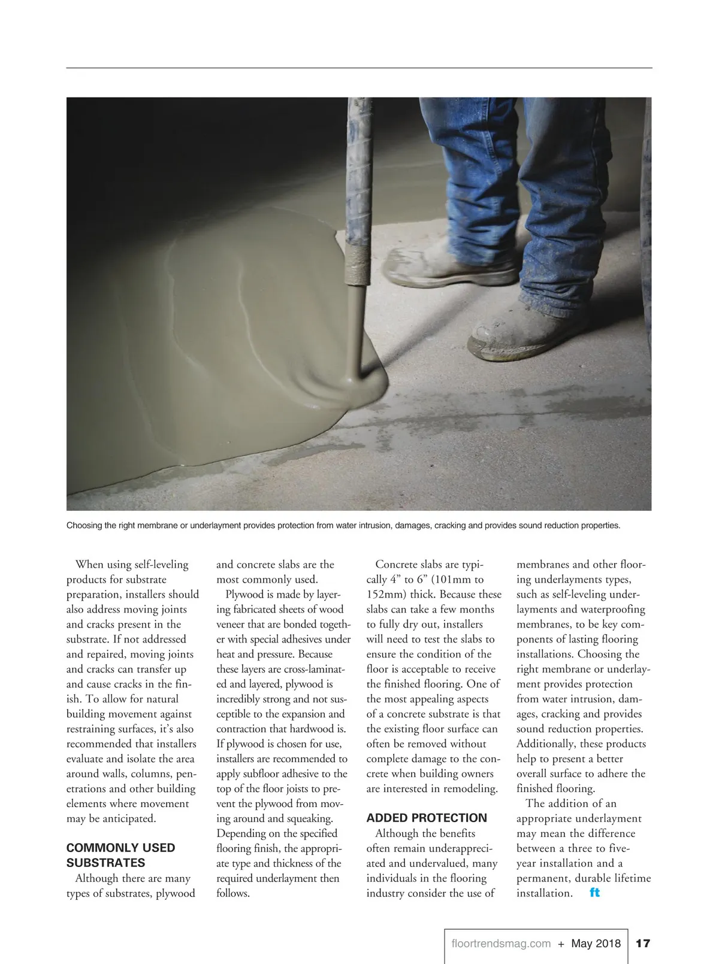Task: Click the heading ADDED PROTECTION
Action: (427, 818)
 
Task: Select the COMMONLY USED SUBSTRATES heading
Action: (120, 855)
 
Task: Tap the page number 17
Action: (642, 944)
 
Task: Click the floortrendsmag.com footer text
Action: (501, 944)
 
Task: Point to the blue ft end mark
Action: (594, 893)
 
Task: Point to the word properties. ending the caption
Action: (602, 526)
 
